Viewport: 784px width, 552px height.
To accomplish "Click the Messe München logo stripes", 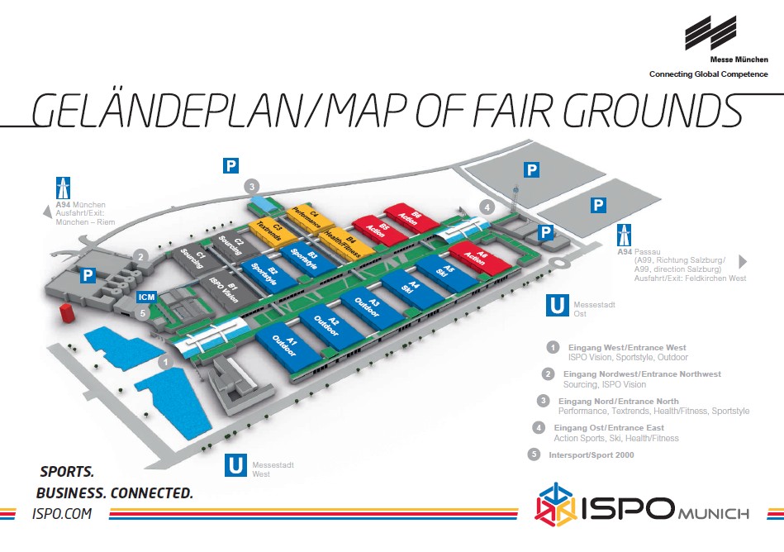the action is (x=710, y=33).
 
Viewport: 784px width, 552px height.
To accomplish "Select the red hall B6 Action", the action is (x=411, y=217).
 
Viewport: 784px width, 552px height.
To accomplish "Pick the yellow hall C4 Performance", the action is (x=310, y=217).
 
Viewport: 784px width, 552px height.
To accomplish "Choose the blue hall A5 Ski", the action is (x=445, y=273).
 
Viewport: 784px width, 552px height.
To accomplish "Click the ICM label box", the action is (x=146, y=297).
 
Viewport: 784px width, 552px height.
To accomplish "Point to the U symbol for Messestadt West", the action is (x=235, y=465).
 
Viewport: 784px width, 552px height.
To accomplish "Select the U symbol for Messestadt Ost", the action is (x=557, y=305).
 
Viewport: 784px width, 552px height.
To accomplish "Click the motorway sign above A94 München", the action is (x=63, y=188).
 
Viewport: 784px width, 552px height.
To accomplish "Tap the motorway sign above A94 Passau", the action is (x=624, y=235).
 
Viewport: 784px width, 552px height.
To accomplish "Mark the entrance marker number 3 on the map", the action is (x=252, y=187).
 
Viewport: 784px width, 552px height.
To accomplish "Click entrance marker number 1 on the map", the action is (x=165, y=362).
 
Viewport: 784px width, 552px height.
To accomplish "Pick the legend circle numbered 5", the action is (x=535, y=454).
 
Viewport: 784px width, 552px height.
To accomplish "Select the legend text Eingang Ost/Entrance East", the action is (x=609, y=428).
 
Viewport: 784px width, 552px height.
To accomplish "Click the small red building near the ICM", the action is (x=66, y=312).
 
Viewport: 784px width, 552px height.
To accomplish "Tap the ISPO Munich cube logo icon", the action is (x=555, y=505).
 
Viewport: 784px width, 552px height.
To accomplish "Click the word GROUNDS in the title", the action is (x=653, y=111).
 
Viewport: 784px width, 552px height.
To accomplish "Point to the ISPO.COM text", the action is (x=62, y=514).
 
